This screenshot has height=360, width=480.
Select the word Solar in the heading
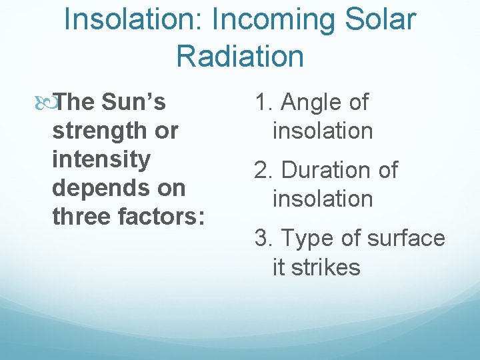[x=380, y=20]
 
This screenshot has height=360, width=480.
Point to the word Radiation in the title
[x=240, y=56]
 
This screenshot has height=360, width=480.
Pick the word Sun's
[x=134, y=103]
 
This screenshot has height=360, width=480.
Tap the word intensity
[x=101, y=160]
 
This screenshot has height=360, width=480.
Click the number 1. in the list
[x=265, y=103]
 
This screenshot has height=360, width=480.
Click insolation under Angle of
[x=323, y=131]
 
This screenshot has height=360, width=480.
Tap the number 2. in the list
[x=265, y=171]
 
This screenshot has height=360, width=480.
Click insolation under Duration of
[x=323, y=199]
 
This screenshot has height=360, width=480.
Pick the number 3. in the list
[x=265, y=239]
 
